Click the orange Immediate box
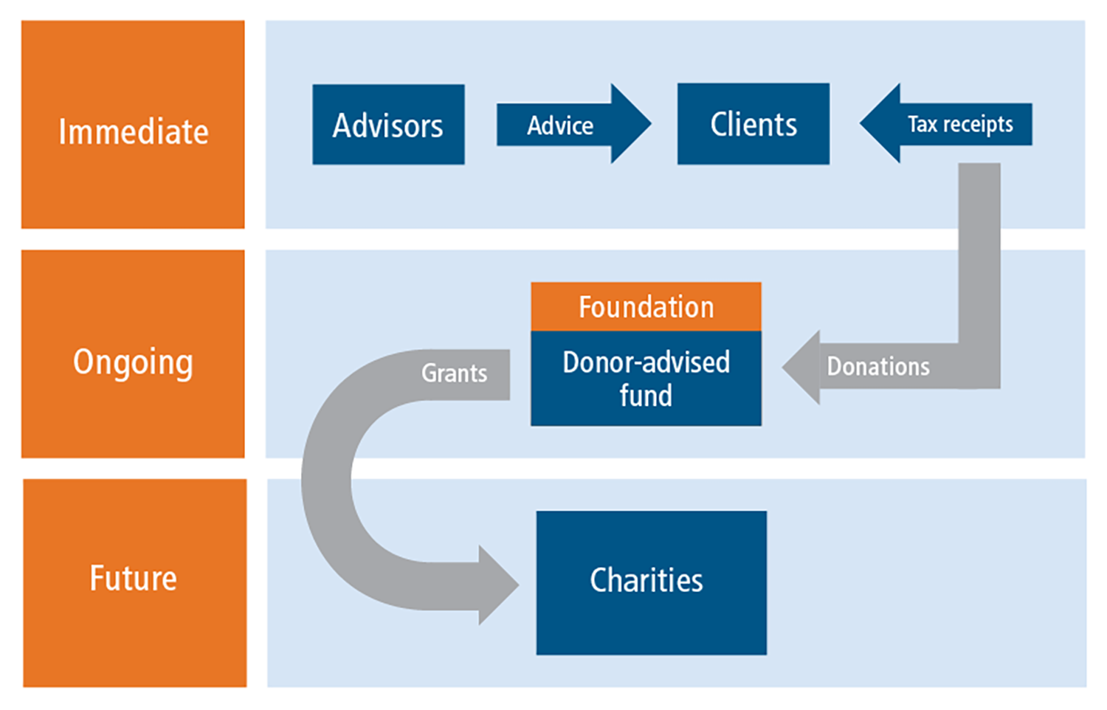pos(133,125)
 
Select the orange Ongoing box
pos(133,354)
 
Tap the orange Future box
pos(135,583)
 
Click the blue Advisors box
pos(388,125)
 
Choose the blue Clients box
pos(753,123)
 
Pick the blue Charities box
pos(652,583)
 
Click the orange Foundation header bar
pos(646,307)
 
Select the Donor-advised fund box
pos(646,379)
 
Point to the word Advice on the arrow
pos(560,125)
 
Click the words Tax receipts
pos(960,125)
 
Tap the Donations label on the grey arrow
pos(878,367)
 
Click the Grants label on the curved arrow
pos(454,373)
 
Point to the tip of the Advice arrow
pos(652,123)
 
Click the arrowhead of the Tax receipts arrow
pos(861,123)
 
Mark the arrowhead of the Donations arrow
pos(783,368)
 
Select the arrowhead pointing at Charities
pos(518,585)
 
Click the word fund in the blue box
pos(646,396)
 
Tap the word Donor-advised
pos(646,362)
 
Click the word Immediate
pos(134,132)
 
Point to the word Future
pos(134,578)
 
